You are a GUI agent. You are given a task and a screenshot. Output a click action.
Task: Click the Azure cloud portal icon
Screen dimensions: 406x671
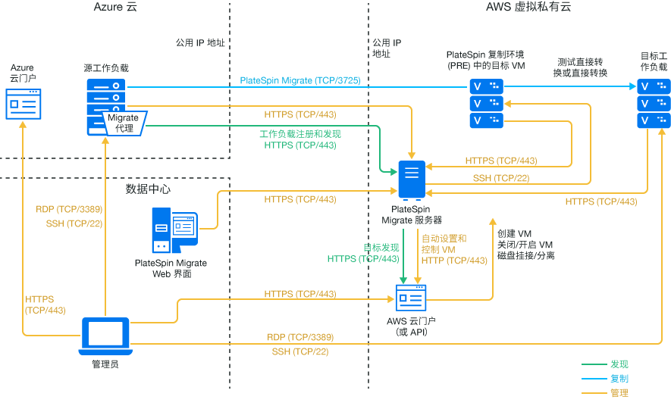(x=23, y=104)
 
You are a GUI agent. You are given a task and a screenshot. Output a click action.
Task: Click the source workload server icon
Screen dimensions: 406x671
(x=106, y=106)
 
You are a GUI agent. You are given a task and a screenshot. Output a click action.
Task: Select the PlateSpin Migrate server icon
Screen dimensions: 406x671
(x=412, y=180)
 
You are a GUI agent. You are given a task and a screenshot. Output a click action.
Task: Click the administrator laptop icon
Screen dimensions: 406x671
(x=105, y=336)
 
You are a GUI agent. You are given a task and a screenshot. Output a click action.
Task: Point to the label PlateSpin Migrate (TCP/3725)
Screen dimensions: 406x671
(x=299, y=80)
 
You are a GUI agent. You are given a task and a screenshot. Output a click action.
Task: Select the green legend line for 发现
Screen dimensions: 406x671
(x=593, y=364)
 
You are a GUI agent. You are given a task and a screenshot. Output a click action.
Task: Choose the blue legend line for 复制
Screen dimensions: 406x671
(x=593, y=379)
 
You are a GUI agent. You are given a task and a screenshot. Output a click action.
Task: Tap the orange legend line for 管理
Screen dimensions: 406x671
(x=593, y=393)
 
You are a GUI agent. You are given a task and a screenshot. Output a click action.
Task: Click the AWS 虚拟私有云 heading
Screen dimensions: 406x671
(x=528, y=8)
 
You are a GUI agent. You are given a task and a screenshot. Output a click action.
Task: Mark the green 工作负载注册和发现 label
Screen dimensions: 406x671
(x=300, y=134)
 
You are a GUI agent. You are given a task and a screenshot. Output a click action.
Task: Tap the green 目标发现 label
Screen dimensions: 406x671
(x=381, y=248)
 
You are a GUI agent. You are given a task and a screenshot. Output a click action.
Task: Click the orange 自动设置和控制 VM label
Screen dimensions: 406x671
(x=444, y=244)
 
